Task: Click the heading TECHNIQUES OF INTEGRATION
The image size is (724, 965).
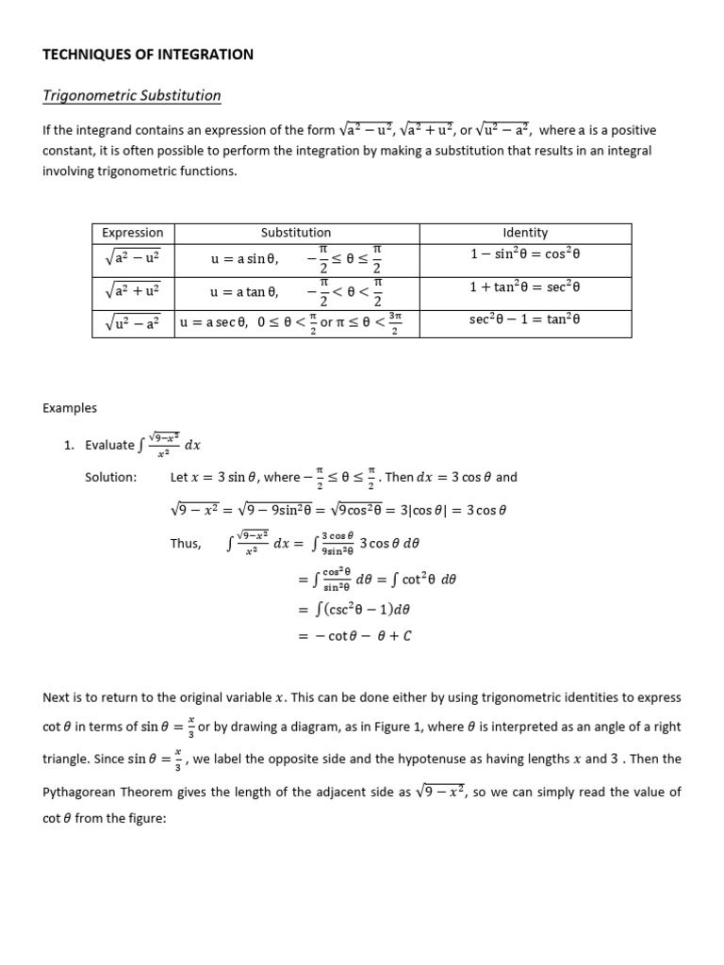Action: pos(148,55)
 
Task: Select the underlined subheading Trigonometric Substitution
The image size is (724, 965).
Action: pos(132,95)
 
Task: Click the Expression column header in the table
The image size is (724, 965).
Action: pos(133,232)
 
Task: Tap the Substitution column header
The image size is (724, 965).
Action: pos(296,232)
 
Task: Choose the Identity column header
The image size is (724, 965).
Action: pos(525,232)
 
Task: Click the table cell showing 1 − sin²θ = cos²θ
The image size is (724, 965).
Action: pos(525,254)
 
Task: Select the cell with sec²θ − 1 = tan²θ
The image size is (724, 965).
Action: pos(525,319)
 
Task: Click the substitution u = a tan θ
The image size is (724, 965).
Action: pos(244,292)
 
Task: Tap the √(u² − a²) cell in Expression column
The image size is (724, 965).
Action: pos(133,322)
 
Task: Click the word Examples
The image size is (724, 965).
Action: pos(70,408)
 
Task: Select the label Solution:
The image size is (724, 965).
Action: pos(110,477)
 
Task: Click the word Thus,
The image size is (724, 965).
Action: pos(186,544)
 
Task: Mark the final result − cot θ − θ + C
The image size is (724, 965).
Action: pos(355,635)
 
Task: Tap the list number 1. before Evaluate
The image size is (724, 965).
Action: pos(70,445)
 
